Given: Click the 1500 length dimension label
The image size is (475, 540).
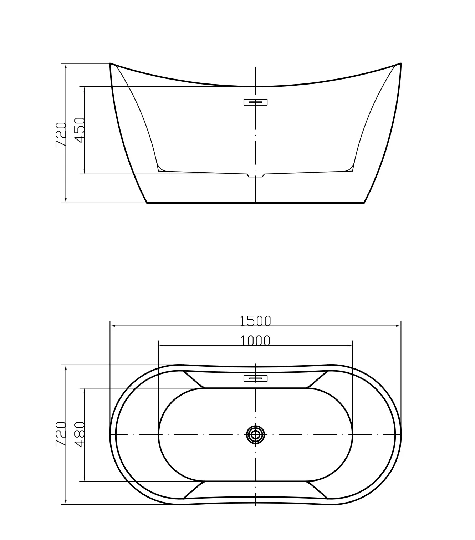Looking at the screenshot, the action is tap(255, 321).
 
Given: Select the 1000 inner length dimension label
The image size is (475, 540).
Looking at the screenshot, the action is tap(255, 341).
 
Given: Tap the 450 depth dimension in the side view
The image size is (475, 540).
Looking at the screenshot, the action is tap(80, 130).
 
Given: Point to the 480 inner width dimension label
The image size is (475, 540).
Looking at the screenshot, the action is tap(80, 435).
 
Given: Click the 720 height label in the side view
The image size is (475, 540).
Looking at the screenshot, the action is tap(61, 135).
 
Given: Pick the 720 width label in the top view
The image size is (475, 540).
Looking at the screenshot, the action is tap(61, 435).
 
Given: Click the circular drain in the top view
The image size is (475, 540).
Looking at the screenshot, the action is tap(255, 435).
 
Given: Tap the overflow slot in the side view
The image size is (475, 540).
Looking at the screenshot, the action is tap(255, 102).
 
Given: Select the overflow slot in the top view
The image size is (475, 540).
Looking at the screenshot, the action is tap(255, 378).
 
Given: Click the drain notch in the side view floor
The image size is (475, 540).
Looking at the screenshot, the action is tap(255, 175).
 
